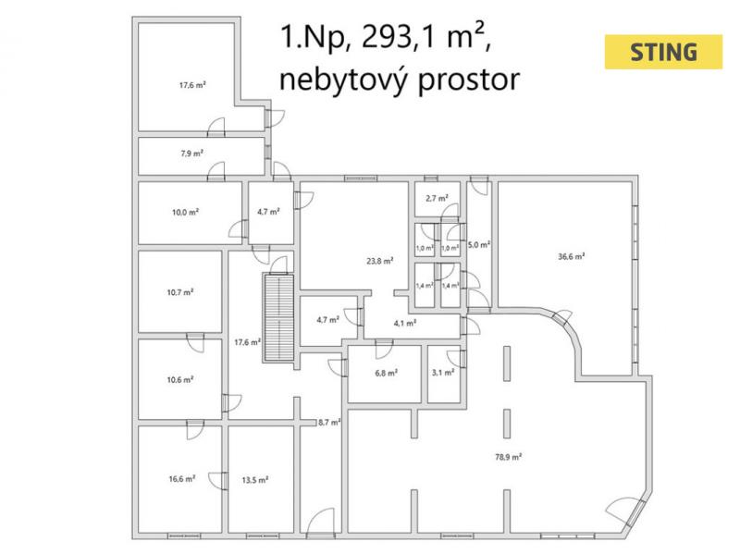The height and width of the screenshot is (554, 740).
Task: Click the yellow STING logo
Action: [x=663, y=52]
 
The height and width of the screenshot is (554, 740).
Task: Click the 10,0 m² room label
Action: [x=185, y=211]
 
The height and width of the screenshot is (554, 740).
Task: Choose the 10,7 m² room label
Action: [x=180, y=291]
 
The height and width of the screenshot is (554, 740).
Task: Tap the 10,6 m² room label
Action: [x=180, y=379]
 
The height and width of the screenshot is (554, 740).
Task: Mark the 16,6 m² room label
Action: [x=181, y=479]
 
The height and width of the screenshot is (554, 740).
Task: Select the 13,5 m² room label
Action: [x=254, y=479]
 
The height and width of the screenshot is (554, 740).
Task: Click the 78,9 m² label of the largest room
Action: [x=510, y=455]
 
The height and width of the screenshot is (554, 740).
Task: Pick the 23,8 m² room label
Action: [x=380, y=261]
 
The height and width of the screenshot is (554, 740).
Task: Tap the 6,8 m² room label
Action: [x=386, y=373]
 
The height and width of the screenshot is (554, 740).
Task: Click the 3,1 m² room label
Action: [x=443, y=373]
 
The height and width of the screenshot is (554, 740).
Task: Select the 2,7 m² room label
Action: [x=437, y=198]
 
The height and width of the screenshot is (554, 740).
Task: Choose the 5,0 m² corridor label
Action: [x=478, y=245]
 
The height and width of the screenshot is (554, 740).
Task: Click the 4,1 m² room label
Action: [x=404, y=323]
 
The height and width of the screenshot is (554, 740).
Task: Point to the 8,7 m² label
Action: [x=329, y=422]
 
